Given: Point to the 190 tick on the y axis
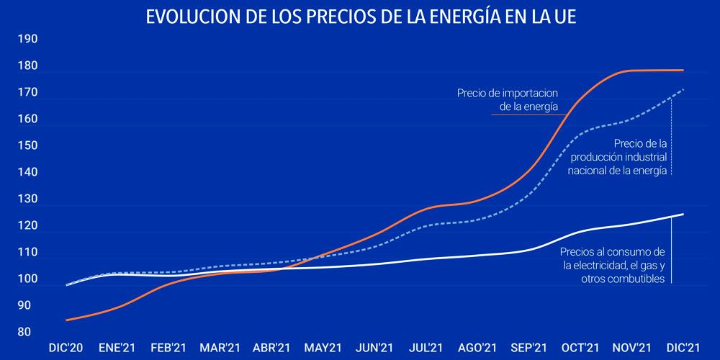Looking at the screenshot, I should tap(28, 39).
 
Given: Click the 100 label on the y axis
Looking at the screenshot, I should tap(28, 279).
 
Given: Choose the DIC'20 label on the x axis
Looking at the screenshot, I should tap(66, 348).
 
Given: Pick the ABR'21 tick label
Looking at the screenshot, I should tap(271, 348).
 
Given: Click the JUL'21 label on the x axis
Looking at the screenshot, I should tap(426, 348).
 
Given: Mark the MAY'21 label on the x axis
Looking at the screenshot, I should tap(323, 348).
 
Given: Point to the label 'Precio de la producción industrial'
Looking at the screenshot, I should tap(618, 156).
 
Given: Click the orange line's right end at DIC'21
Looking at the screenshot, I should tap(683, 70).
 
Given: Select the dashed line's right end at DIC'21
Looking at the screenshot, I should tap(683, 89).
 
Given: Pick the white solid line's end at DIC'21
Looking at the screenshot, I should tap(683, 215).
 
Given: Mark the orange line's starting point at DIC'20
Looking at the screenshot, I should tap(66, 320).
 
